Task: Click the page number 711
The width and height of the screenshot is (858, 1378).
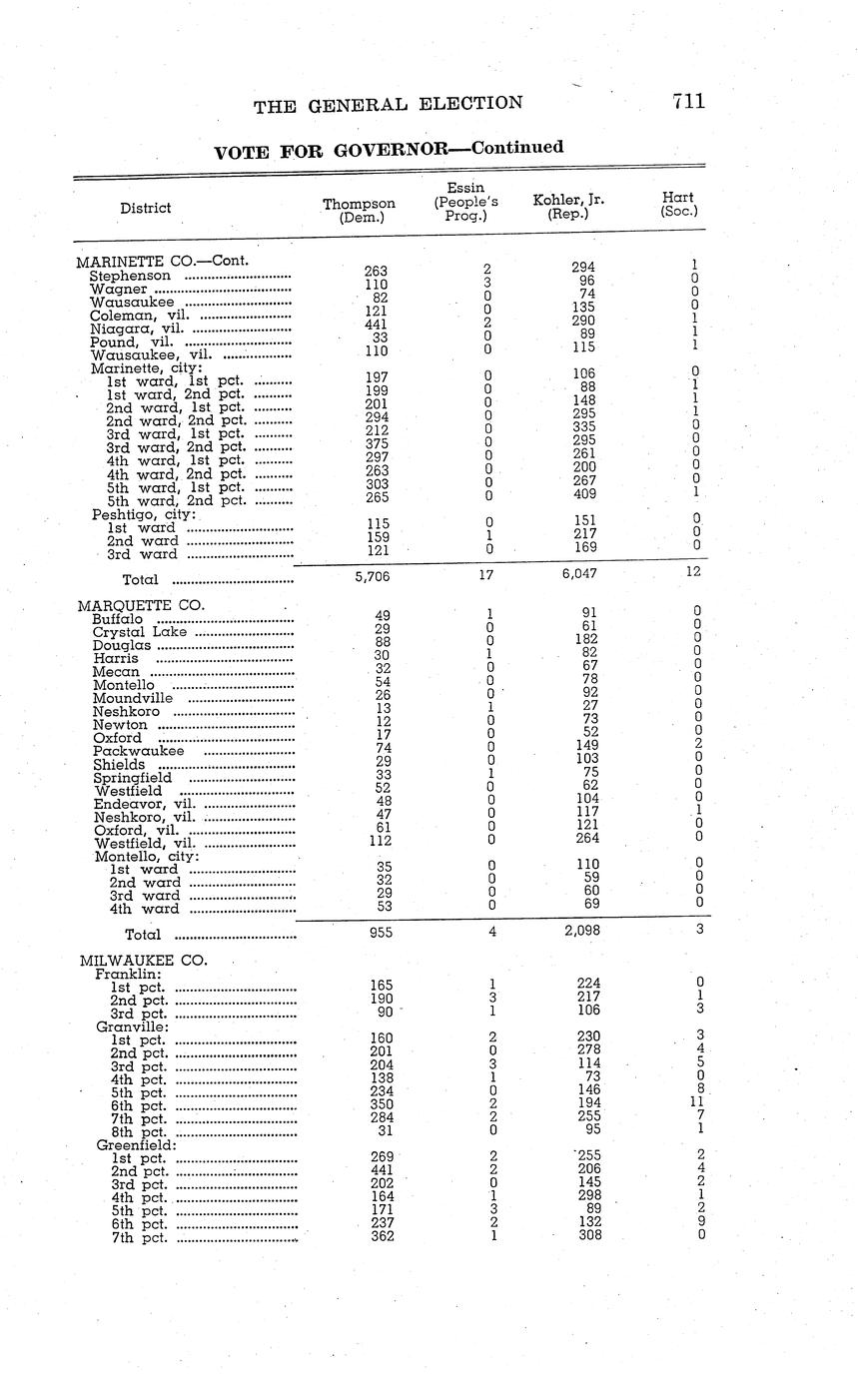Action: click(x=688, y=101)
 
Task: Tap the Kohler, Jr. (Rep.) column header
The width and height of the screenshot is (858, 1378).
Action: click(x=568, y=207)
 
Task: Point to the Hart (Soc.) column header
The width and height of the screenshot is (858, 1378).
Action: click(x=679, y=204)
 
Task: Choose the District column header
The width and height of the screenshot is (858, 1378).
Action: click(x=145, y=208)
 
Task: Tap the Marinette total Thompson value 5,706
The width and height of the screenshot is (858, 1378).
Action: click(x=372, y=576)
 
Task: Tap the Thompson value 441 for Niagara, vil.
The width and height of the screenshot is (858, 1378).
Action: click(x=376, y=324)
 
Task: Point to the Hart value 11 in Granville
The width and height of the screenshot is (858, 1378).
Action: click(x=696, y=1102)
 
